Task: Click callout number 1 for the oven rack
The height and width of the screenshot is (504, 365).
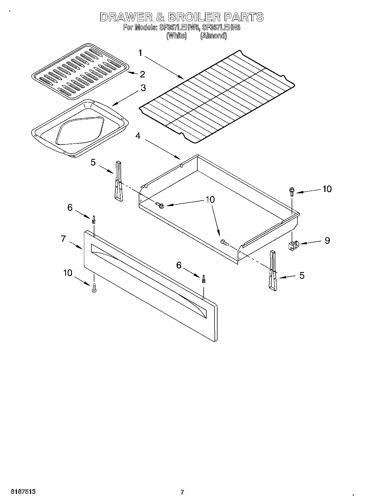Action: click(x=140, y=53)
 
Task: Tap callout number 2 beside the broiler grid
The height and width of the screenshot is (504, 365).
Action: click(x=142, y=74)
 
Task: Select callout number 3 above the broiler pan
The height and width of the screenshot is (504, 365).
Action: click(x=143, y=88)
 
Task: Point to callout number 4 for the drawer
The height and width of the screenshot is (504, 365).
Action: click(x=138, y=135)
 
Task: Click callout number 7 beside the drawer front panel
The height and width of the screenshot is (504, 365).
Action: click(x=63, y=239)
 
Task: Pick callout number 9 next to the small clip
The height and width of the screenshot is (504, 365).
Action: click(x=327, y=240)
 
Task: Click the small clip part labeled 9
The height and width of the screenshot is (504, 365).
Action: click(x=293, y=245)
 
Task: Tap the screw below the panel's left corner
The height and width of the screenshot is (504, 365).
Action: click(x=94, y=288)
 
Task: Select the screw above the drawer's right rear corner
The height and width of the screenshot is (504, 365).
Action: click(x=292, y=192)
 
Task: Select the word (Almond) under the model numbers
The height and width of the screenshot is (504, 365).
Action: click(x=213, y=36)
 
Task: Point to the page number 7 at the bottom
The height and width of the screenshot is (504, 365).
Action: click(x=182, y=492)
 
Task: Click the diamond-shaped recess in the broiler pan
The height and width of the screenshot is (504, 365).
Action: click(x=80, y=131)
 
